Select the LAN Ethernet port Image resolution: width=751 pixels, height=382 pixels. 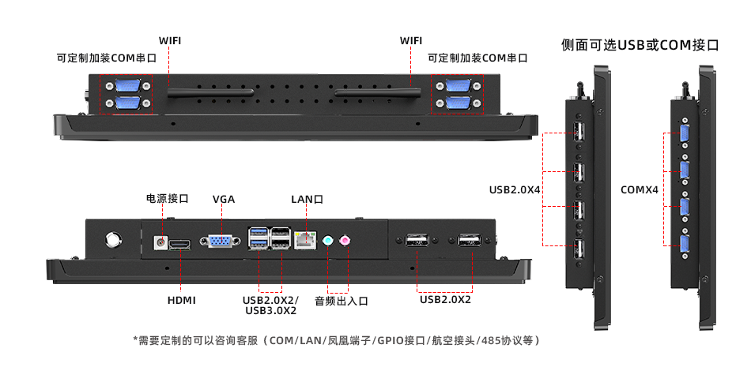point(304,241)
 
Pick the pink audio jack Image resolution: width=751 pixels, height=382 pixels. point(345,240)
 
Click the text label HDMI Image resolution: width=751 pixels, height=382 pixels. point(181,300)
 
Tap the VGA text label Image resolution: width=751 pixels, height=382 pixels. point(224,199)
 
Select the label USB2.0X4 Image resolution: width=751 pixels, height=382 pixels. point(515,189)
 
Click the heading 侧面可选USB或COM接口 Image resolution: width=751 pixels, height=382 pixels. point(640,45)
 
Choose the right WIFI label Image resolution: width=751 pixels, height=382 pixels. point(411,40)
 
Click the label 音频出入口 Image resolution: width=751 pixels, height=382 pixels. point(342,300)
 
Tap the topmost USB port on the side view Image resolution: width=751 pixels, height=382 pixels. point(579,132)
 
